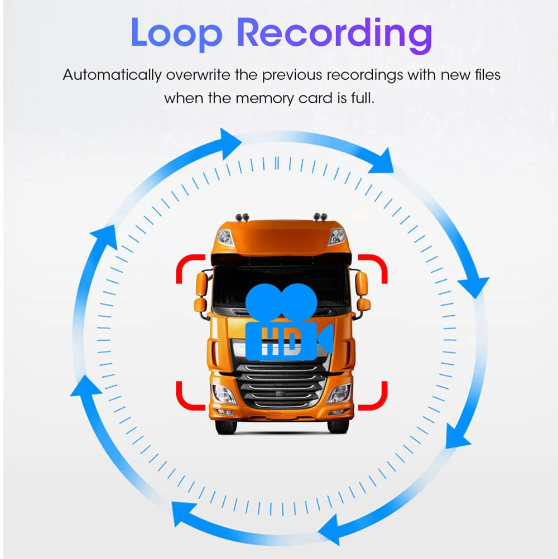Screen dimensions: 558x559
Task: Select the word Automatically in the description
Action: pyautogui.click(x=112, y=75)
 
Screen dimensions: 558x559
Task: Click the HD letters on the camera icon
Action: pyautogui.click(x=280, y=341)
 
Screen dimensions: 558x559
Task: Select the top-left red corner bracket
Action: pyautogui.click(x=189, y=267)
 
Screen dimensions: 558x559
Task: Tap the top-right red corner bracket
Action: pyautogui.click(x=374, y=267)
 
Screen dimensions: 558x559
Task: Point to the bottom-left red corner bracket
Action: pyautogui.click(x=189, y=397)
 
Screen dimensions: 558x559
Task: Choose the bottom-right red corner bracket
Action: pyautogui.click(x=374, y=397)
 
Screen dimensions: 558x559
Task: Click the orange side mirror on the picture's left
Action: pyautogui.click(x=201, y=285)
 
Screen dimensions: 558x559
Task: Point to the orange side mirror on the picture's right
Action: pyautogui.click(x=362, y=285)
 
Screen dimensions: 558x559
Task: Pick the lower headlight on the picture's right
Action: pyautogui.click(x=339, y=393)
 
